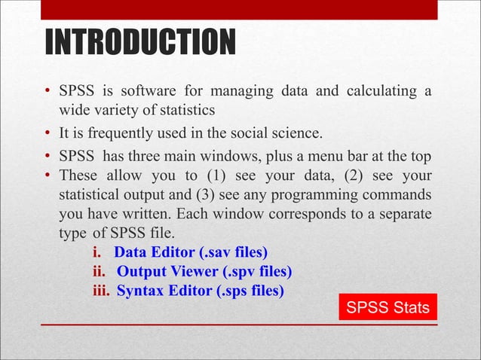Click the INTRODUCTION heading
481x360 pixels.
[139, 43]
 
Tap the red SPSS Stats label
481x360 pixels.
[388, 307]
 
